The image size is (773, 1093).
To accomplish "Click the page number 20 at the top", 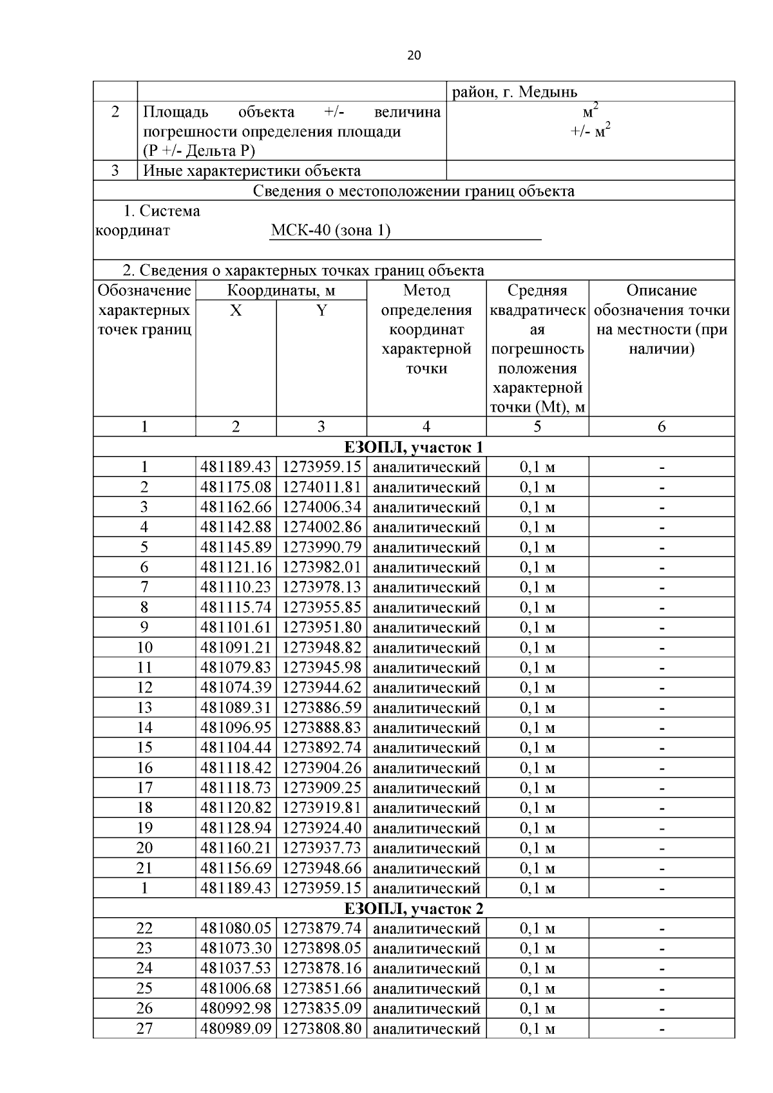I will pyautogui.click(x=414, y=55).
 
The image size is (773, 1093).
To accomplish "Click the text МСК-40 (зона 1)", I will pyautogui.click(x=330, y=231).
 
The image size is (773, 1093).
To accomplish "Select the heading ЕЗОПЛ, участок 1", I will pyautogui.click(x=414, y=447).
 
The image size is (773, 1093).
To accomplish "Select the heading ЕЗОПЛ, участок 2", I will pyautogui.click(x=414, y=909).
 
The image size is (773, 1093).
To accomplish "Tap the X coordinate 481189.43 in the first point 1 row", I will pyautogui.click(x=236, y=467).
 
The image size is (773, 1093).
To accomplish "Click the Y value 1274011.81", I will pyautogui.click(x=321, y=487).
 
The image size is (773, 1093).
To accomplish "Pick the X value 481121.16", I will pyautogui.click(x=236, y=567).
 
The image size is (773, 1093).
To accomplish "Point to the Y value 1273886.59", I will pyautogui.click(x=321, y=708).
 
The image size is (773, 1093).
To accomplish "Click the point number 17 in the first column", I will pyautogui.click(x=144, y=788).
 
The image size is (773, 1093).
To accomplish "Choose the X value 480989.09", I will pyautogui.click(x=236, y=1029).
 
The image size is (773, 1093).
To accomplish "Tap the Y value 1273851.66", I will pyautogui.click(x=321, y=989).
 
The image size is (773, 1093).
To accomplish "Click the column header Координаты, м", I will pyautogui.click(x=281, y=290).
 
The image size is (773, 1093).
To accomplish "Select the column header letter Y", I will pyautogui.click(x=321, y=311).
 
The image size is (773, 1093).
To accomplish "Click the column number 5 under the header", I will pyautogui.click(x=537, y=426).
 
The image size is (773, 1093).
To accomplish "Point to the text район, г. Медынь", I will pyautogui.click(x=515, y=92).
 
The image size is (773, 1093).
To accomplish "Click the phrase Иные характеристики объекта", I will pyautogui.click(x=251, y=171).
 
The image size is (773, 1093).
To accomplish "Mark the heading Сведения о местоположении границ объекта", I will pyautogui.click(x=414, y=191).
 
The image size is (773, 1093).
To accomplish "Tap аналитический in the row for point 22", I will pyautogui.click(x=426, y=929).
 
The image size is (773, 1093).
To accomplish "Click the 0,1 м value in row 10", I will pyautogui.click(x=537, y=647).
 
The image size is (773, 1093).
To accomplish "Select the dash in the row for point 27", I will pyautogui.click(x=662, y=1029).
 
